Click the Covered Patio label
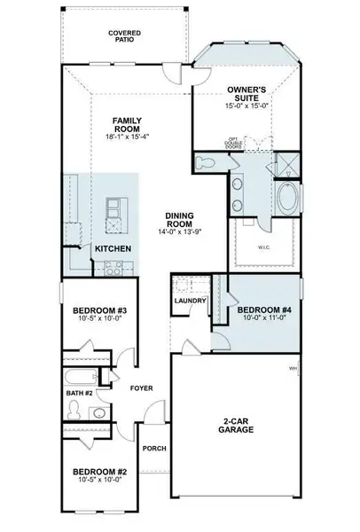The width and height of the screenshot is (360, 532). click(125, 36)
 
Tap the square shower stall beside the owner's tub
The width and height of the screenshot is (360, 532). click(288, 165)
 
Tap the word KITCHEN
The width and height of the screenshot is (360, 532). click(114, 249)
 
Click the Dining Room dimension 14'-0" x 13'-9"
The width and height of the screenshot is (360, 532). click(168, 231)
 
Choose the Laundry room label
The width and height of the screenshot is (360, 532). click(192, 301)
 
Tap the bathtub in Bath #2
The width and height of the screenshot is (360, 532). click(82, 375)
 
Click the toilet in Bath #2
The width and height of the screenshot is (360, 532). click(74, 411)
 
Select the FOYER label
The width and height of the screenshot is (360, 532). click(142, 387)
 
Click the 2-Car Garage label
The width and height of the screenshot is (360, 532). click(239, 425)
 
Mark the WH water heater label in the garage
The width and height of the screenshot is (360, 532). click(293, 368)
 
